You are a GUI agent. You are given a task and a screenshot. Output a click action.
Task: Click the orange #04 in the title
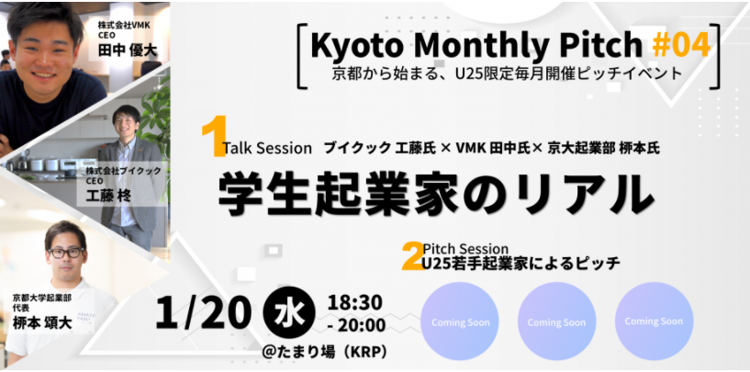(681, 44)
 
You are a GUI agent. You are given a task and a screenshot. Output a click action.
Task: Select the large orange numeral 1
(213, 137)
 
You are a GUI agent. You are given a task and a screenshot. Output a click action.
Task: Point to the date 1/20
(203, 312)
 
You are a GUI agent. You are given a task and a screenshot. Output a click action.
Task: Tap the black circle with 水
(289, 312)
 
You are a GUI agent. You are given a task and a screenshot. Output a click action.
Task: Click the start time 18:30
(354, 301)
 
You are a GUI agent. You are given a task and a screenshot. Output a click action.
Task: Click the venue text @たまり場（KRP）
(324, 352)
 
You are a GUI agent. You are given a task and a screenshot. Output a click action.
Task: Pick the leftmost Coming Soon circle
(460, 321)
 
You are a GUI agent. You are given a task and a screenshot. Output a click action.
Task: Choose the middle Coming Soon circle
(556, 321)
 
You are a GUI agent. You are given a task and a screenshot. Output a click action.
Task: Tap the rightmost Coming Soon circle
(654, 321)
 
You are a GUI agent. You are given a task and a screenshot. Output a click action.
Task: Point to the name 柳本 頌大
(42, 322)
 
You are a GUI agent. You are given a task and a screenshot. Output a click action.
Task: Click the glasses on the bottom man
(66, 253)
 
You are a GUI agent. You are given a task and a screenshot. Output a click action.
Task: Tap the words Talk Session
(268, 149)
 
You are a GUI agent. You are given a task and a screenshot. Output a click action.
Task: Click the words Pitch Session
(465, 249)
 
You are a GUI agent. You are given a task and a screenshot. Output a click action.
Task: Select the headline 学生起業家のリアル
(436, 195)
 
